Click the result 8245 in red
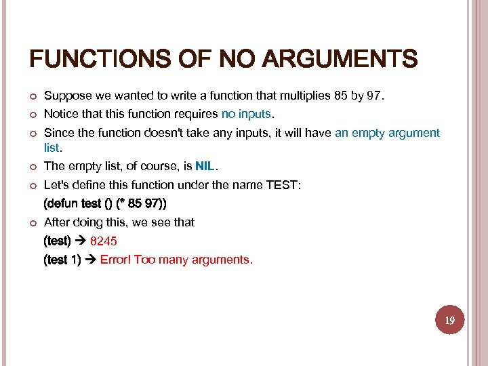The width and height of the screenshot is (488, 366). pos(104,241)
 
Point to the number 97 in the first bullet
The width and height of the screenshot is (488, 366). pos(375,96)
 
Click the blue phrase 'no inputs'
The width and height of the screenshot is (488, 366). pos(247,113)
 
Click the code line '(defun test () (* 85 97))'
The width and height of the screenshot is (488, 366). pos(105,203)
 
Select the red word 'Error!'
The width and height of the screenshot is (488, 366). pos(116,260)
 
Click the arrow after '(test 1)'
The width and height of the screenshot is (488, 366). pos(91,260)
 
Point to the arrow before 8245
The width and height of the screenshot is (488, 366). pos(81,241)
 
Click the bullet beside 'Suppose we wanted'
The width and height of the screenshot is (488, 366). pos(31,96)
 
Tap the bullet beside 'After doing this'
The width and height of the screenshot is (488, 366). pos(31,223)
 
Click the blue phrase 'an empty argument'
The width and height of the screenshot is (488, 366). pos(387,133)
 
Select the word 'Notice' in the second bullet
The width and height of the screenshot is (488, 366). pos(60,113)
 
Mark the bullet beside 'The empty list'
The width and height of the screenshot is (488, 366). pos(31,167)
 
